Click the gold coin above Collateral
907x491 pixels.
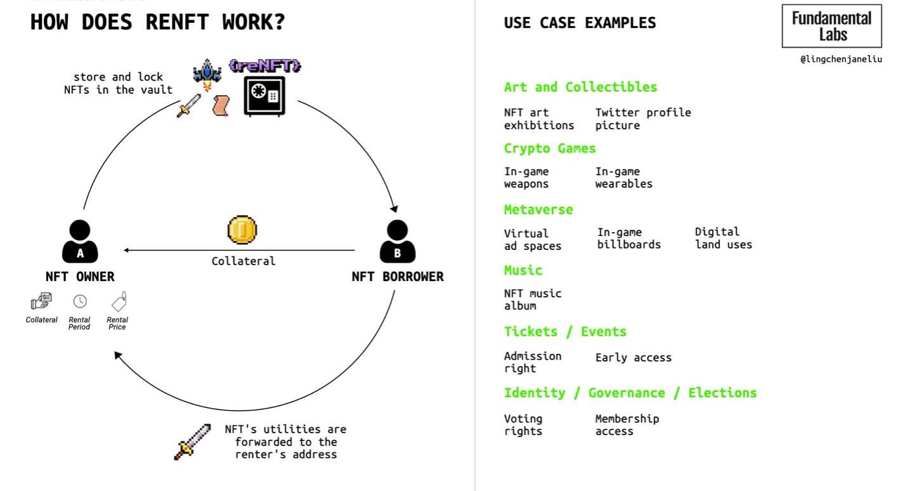pyautogui.click(x=242, y=230)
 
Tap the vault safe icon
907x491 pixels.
pyautogui.click(x=264, y=96)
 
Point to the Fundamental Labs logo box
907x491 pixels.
pyautogui.click(x=832, y=26)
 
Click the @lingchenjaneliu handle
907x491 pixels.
pyautogui.click(x=840, y=59)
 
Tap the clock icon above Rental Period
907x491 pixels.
pyautogui.click(x=80, y=301)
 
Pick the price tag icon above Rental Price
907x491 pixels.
pyautogui.click(x=119, y=301)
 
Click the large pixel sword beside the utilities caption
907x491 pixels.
pyautogui.click(x=192, y=442)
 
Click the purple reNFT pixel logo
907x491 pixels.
pyautogui.click(x=264, y=65)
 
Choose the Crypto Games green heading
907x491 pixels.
pyautogui.click(x=550, y=148)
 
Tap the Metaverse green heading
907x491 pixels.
pyautogui.click(x=538, y=209)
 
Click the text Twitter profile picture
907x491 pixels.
pyautogui.click(x=643, y=119)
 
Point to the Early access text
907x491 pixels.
pyautogui.click(x=633, y=358)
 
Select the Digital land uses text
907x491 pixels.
pyautogui.click(x=723, y=238)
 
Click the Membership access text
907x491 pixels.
pyautogui.click(x=627, y=425)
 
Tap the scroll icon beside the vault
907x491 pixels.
pyautogui.click(x=221, y=105)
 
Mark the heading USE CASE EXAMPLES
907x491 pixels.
pyautogui.click(x=580, y=23)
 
